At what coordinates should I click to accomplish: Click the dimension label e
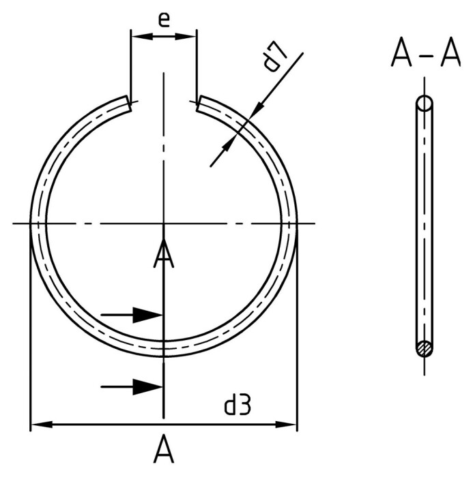click(164, 18)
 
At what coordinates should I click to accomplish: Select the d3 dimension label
click(238, 406)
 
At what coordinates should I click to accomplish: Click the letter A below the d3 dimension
click(163, 450)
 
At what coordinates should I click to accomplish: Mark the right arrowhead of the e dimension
click(186, 35)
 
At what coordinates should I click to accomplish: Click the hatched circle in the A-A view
click(425, 348)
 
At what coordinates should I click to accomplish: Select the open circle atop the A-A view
click(425, 104)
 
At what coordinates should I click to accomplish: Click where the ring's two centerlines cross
click(163, 223)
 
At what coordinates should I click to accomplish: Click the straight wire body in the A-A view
click(425, 225)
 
